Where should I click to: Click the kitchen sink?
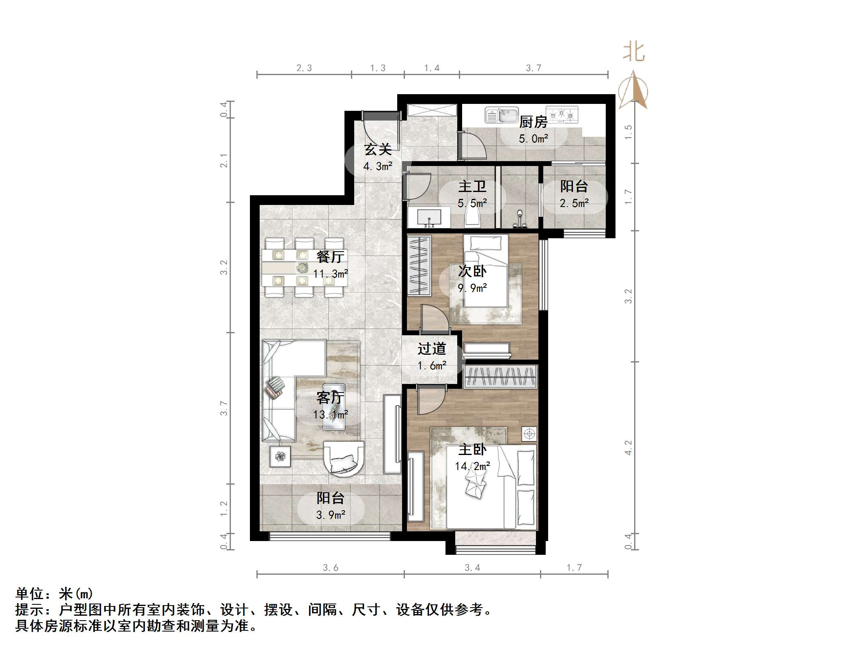(x=502, y=115)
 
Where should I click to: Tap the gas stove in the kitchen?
(x=562, y=114)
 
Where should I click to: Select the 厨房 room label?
(x=533, y=122)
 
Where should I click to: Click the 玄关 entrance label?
(x=378, y=150)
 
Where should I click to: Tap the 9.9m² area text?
(x=472, y=288)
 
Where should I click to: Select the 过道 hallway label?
(x=432, y=349)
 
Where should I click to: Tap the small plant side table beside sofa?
(x=280, y=456)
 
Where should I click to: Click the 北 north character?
(x=634, y=52)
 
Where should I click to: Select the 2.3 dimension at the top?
(x=304, y=68)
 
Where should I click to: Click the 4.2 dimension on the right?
(x=628, y=447)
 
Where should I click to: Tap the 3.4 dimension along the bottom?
(x=472, y=567)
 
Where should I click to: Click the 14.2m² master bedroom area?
(x=472, y=466)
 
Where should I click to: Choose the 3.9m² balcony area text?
(x=331, y=515)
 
